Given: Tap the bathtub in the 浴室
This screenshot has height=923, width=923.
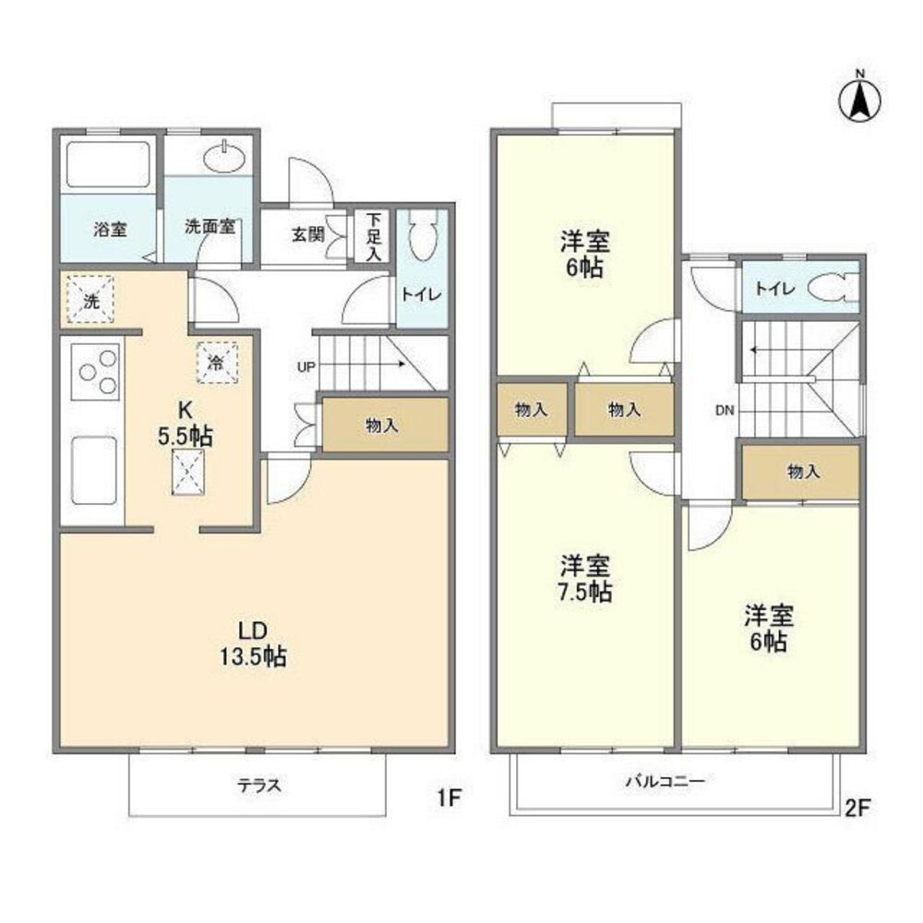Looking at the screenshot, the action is [x=108, y=165].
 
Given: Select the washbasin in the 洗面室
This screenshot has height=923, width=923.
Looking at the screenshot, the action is [x=225, y=158].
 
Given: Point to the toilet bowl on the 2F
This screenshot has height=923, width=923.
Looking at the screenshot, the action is [x=833, y=288].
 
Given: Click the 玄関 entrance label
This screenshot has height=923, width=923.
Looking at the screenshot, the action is [x=308, y=234].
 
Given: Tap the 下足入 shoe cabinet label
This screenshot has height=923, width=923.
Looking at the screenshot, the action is [x=374, y=236].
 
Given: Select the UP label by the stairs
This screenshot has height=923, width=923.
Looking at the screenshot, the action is [x=306, y=366].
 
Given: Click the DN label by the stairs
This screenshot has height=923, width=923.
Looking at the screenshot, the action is [x=725, y=411].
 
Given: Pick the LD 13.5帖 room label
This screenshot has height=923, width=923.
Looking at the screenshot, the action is [x=253, y=644].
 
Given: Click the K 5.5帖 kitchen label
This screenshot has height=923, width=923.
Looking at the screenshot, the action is [x=186, y=424].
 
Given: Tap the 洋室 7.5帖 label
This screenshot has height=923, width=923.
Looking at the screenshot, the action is [x=585, y=579].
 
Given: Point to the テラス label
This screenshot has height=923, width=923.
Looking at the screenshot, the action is [x=259, y=785].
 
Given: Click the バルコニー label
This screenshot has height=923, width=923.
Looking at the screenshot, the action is [x=665, y=782].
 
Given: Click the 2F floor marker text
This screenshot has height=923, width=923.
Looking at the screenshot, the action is [x=857, y=808].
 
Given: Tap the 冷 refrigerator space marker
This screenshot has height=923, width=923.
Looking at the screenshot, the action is [x=217, y=363].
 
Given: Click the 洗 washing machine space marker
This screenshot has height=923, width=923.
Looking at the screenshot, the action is [x=90, y=301].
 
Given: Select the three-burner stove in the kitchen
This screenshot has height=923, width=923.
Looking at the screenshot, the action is [x=95, y=371].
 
